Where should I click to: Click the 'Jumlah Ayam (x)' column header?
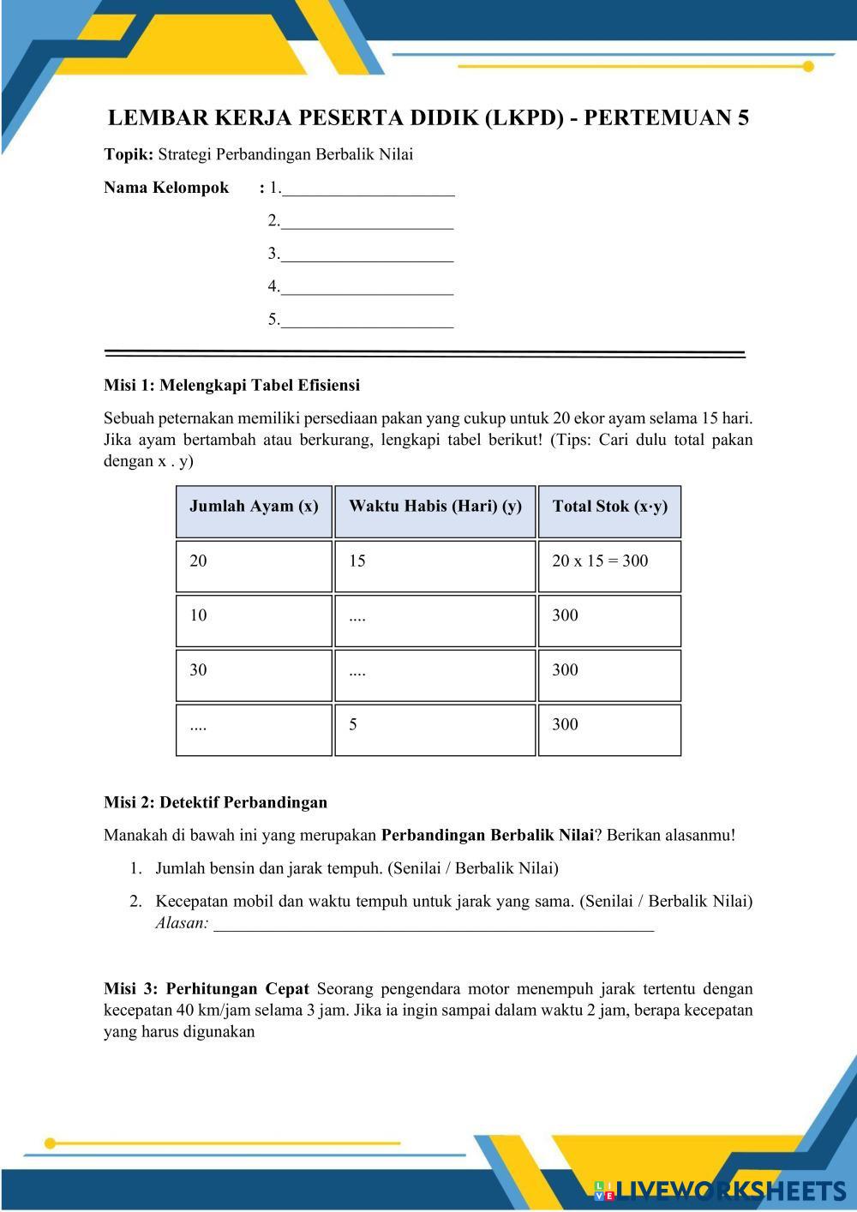coord(254,507)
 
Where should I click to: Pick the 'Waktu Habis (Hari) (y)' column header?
coord(434,507)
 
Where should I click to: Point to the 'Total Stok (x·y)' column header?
coord(609,507)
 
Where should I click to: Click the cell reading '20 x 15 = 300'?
coord(609,562)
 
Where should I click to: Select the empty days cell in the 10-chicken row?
coord(434,617)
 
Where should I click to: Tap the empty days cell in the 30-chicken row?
coord(434,672)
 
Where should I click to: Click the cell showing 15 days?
coord(434,562)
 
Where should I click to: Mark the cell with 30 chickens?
coord(254,672)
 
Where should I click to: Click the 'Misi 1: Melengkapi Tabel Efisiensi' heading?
coord(231,385)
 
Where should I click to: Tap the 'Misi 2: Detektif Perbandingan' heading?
coord(215,802)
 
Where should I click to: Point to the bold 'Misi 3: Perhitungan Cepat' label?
coord(206,988)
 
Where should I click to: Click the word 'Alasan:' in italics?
coord(182,923)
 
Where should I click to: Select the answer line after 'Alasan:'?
coord(433,926)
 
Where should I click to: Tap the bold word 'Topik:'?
coord(129,155)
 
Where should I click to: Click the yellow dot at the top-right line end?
coord(808,66)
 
